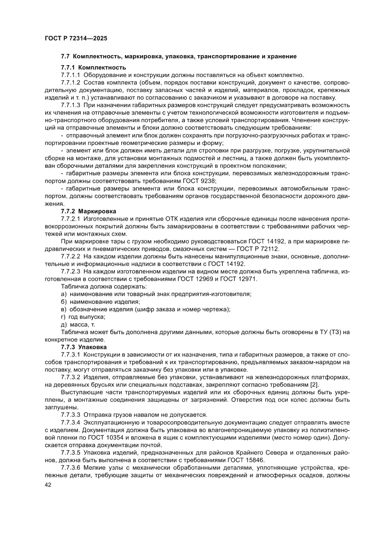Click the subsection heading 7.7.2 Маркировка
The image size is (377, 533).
(88, 211)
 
